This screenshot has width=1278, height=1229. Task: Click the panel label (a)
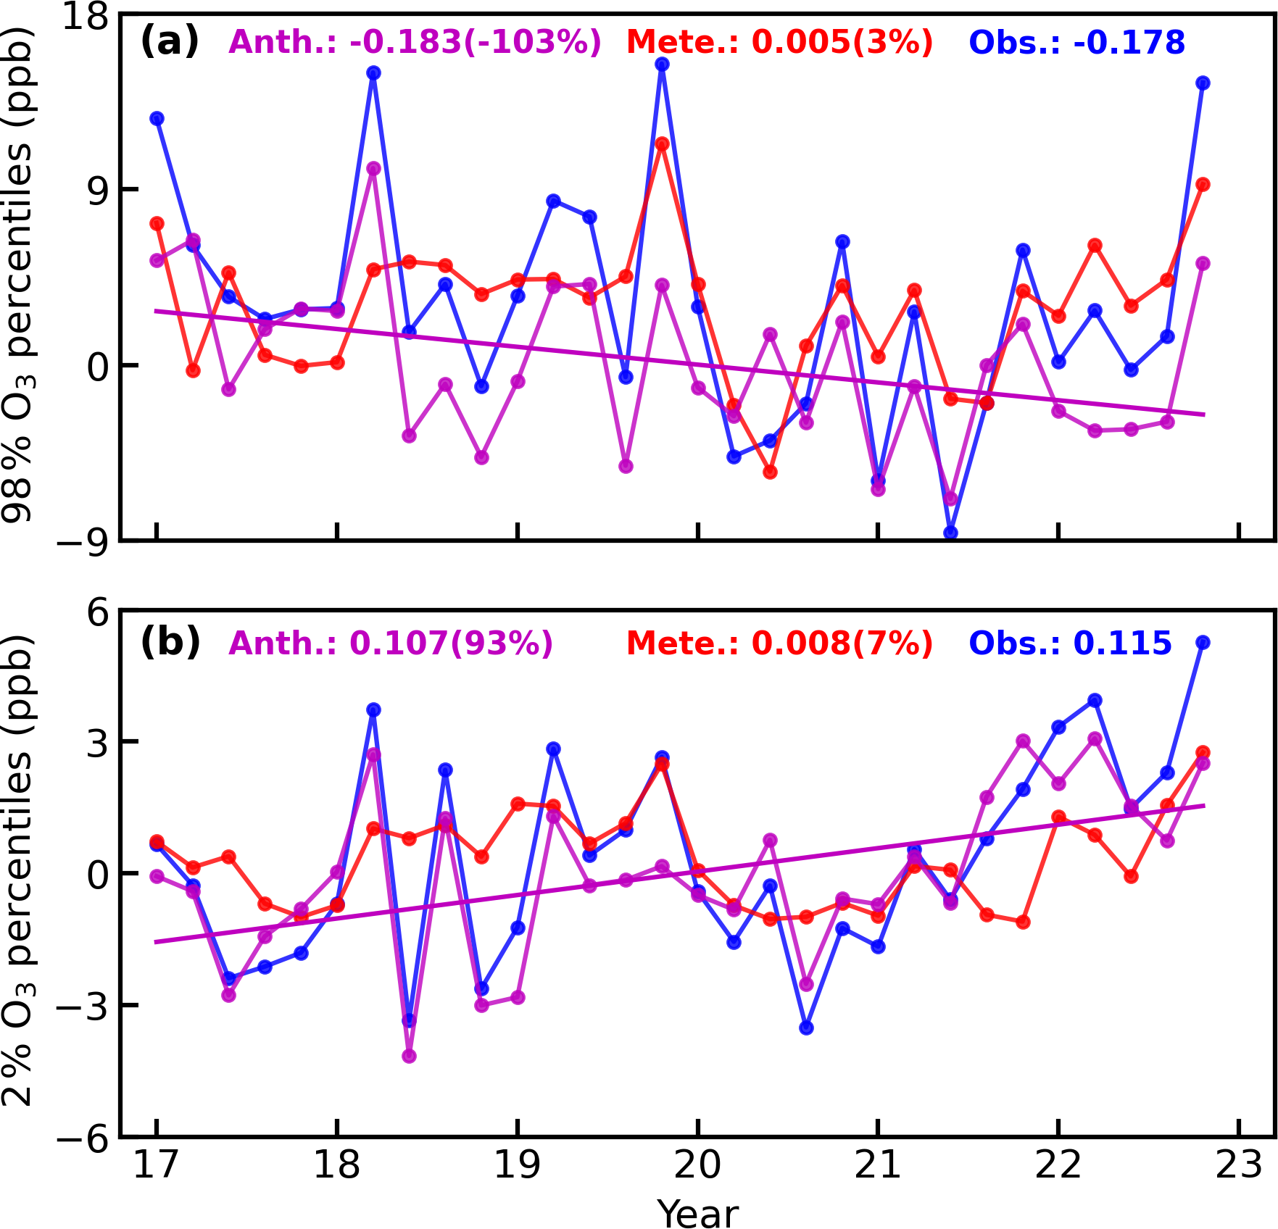tap(169, 41)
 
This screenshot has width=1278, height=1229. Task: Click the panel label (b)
tap(170, 642)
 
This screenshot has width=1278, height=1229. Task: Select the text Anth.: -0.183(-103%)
tap(415, 42)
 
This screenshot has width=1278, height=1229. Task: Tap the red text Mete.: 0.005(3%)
tap(779, 42)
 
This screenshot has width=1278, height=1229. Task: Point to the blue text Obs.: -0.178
tap(1076, 42)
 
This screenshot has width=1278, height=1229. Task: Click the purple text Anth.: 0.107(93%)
tap(391, 643)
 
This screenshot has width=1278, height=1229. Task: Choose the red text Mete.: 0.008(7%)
tap(779, 643)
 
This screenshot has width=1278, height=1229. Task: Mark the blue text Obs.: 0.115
tap(1070, 643)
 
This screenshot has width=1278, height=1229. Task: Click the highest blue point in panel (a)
tap(662, 64)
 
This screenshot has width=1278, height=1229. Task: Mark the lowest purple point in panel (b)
tap(409, 1056)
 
